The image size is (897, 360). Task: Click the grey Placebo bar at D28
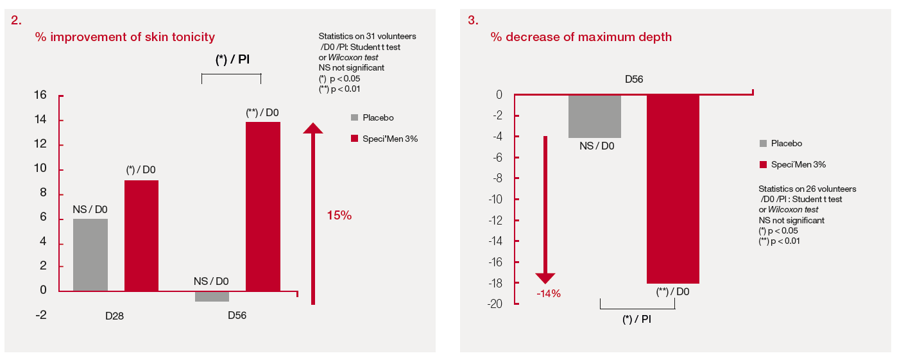coord(90,255)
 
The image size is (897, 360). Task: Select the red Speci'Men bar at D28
coord(141,236)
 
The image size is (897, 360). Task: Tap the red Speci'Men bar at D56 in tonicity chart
coord(263,206)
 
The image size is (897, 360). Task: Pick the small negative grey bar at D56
coord(212,296)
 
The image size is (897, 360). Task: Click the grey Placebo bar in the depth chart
coord(594,116)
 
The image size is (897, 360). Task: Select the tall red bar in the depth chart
coord(672,189)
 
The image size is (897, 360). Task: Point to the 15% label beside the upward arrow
coord(339,216)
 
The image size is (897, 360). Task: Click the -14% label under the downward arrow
coord(549,294)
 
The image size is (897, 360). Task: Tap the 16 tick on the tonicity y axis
coord(40,95)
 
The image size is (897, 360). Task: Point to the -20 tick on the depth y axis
coord(494,304)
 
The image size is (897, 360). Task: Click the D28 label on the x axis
coord(115,316)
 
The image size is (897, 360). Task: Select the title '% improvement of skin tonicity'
coord(124,37)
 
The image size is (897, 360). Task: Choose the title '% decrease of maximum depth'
coord(581,37)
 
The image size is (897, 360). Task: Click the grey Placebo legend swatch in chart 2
coord(355,117)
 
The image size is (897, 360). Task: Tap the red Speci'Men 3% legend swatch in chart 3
coord(763,165)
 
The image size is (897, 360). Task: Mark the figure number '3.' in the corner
coord(473,20)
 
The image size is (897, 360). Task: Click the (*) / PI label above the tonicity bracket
coord(232,60)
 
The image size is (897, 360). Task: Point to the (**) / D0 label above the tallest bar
coord(262,112)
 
